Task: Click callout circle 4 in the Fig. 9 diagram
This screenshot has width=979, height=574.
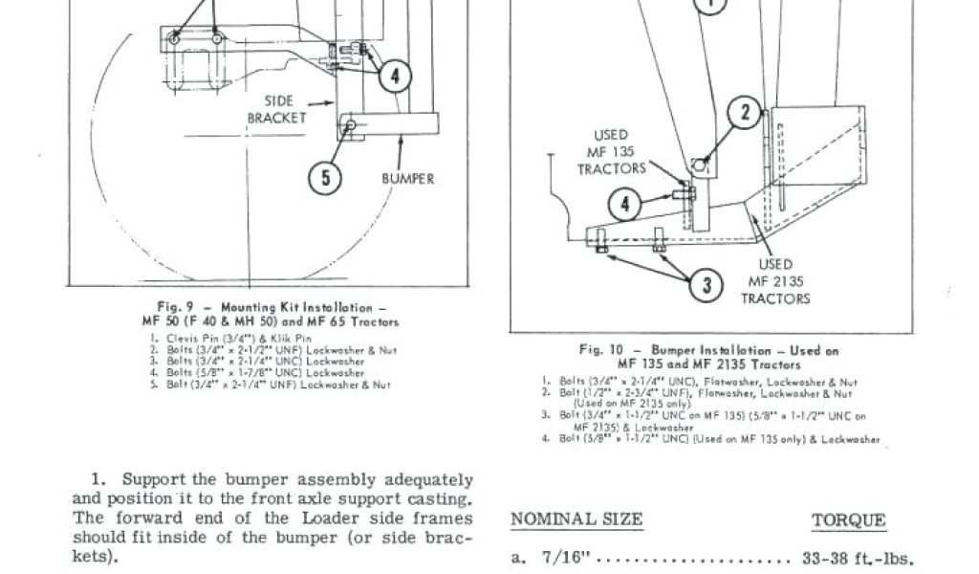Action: point(395,76)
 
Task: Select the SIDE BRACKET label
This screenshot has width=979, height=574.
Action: point(278,109)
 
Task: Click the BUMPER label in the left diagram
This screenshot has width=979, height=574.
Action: point(408,179)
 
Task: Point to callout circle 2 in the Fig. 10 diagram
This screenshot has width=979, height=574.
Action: point(745,113)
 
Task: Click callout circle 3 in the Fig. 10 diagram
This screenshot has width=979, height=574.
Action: point(707,284)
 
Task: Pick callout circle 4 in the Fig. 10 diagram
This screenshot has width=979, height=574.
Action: point(625,204)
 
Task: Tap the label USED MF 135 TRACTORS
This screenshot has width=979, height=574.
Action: point(611,152)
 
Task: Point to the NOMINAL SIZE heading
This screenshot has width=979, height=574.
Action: point(577,520)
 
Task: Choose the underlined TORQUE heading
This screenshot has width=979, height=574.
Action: point(848,521)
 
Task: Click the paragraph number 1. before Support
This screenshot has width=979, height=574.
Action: point(98,479)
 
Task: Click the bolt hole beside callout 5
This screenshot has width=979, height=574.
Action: point(352,125)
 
